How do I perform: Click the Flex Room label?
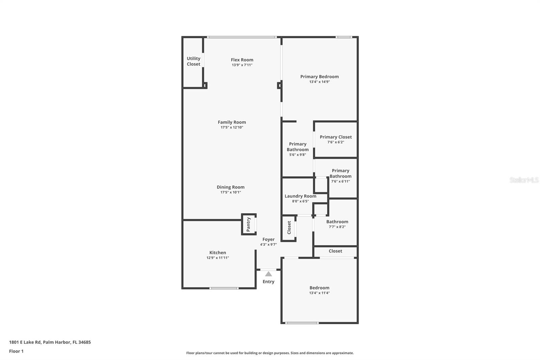[242, 60]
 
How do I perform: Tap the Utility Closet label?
[193, 61]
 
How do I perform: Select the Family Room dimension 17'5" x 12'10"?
[232, 127]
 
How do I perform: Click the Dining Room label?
[231, 187]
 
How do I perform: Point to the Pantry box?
[249, 224]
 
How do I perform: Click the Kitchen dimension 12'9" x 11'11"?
[218, 258]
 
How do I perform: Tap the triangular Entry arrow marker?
[268, 274]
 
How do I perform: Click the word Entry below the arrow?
[268, 282]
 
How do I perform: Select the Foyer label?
[268, 239]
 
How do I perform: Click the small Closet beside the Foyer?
[289, 228]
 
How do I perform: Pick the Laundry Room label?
[300, 196]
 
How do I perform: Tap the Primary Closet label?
[335, 137]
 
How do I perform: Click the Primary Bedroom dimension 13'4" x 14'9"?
[319, 82]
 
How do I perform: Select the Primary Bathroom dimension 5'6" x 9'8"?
[297, 155]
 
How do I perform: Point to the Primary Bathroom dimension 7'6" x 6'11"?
[340, 181]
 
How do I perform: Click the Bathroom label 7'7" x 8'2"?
[337, 222]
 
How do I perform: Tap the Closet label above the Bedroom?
[335, 251]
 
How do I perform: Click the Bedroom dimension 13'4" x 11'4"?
[319, 293]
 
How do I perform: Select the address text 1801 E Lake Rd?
[25, 342]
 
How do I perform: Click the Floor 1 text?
[16, 351]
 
